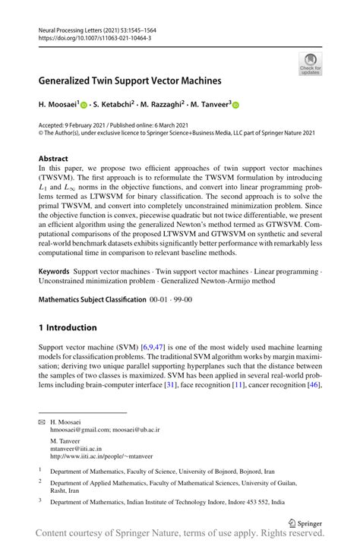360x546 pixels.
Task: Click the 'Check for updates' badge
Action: tap(311, 64)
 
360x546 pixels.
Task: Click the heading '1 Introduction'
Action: tap(68, 327)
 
